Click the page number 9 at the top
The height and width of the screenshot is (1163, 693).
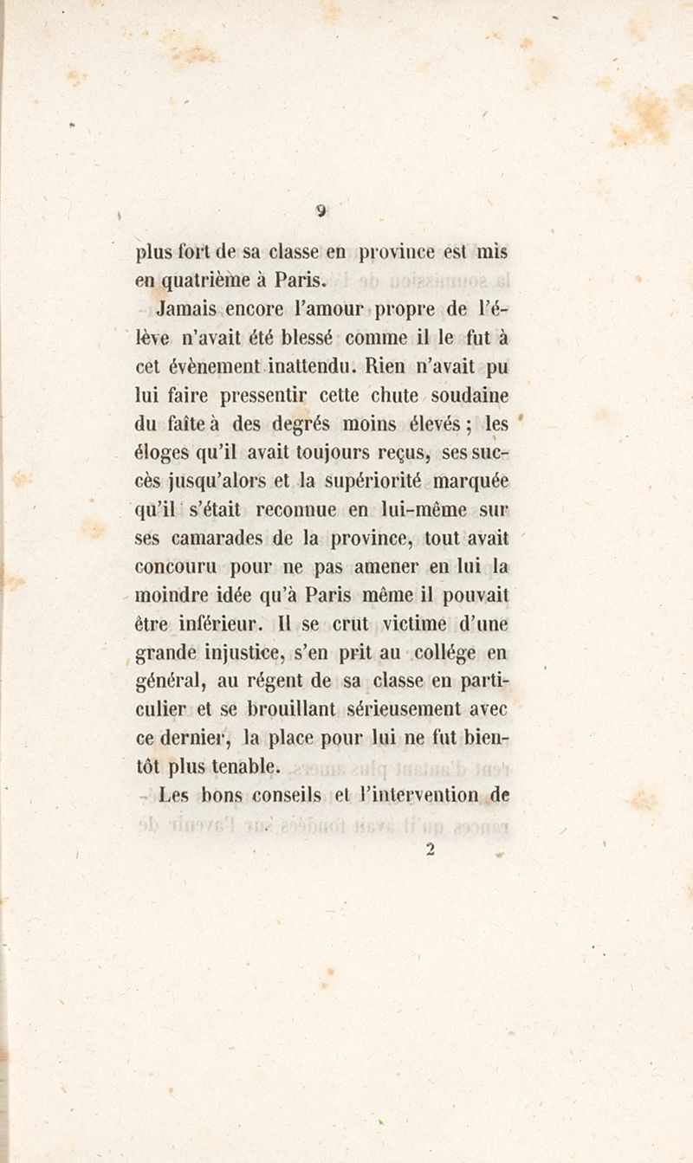tap(321, 210)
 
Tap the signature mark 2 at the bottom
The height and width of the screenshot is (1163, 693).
tap(429, 850)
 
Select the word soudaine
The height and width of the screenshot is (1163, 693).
tap(465, 396)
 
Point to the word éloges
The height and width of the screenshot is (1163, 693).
tap(162, 453)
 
